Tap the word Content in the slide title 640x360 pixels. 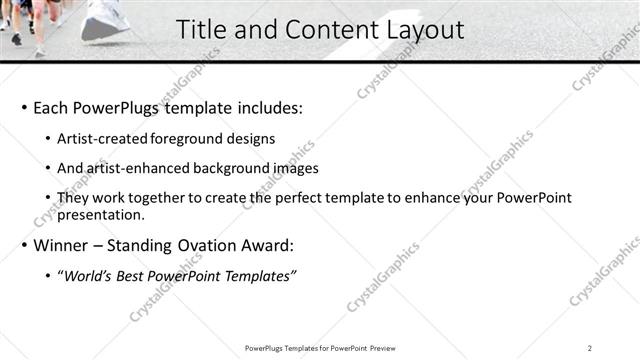[x=322, y=30]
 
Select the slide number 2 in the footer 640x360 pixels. [x=590, y=347]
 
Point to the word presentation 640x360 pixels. [x=101, y=214]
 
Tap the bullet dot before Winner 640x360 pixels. [x=23, y=245]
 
